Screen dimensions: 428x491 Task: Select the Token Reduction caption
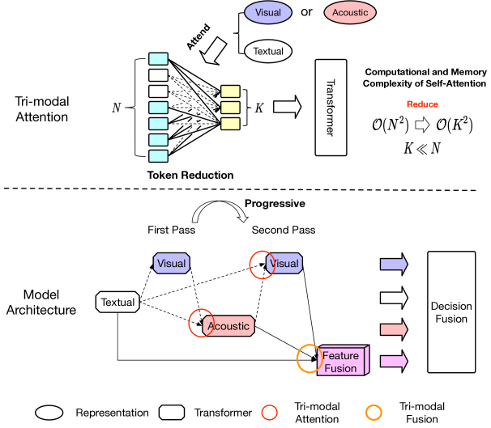[x=190, y=174]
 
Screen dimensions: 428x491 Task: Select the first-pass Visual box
[x=173, y=264]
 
